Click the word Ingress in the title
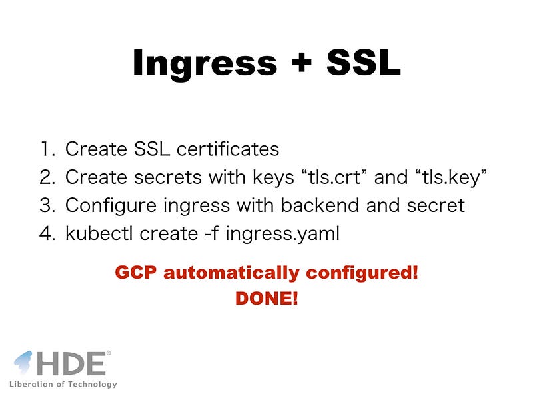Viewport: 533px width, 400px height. [205, 64]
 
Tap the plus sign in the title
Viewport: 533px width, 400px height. [302, 62]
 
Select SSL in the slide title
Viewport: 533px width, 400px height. [363, 62]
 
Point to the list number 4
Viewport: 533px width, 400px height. [47, 233]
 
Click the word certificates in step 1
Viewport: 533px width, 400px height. [228, 149]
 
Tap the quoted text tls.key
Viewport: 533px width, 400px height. [451, 177]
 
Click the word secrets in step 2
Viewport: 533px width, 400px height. [168, 177]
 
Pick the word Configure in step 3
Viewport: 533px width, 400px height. [111, 206]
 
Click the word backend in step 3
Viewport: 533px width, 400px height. [320, 205]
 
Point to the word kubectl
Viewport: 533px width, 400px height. [99, 233]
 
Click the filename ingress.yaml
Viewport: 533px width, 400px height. [282, 234]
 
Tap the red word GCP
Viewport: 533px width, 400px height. [136, 273]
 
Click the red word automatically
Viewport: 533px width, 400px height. [231, 273]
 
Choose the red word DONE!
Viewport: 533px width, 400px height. [266, 298]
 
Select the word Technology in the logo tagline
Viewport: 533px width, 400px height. [92, 385]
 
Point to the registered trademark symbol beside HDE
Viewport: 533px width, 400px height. [109, 353]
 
